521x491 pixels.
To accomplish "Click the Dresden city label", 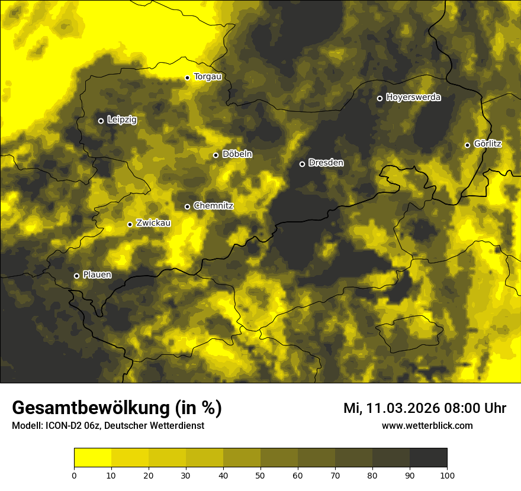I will point(326,163).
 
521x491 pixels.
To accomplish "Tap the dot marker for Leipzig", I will point(101,121).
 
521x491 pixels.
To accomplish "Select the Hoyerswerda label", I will point(413,98).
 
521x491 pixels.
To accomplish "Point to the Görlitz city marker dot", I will point(467,145).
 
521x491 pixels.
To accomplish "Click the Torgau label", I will point(207,77).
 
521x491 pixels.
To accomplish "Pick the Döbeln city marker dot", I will point(216,155).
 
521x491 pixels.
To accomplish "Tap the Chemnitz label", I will point(213,206).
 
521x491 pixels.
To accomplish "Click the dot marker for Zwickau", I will point(130,224).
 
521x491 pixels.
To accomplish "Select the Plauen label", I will point(97,275).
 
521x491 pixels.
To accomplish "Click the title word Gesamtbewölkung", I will point(92,408).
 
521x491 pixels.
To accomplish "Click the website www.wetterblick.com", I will point(427,425).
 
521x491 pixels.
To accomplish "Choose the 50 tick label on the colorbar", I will point(260,475).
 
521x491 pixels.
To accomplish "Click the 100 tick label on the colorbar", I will point(446,475).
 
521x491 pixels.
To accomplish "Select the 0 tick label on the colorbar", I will point(74,475).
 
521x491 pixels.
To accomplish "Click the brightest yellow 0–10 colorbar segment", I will point(92,457).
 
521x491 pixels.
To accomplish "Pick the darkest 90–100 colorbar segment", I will point(428,457).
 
